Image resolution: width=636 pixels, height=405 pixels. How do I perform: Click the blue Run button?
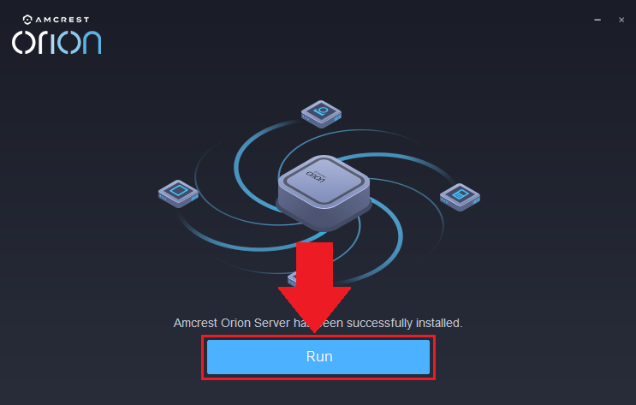318,357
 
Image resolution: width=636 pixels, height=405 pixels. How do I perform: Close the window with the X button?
621,19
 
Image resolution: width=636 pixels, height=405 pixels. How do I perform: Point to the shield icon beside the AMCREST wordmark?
27,18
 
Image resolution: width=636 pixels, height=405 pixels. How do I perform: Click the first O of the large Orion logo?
24,43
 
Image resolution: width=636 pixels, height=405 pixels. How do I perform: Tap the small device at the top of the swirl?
321,112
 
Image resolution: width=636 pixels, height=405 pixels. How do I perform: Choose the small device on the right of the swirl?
460,196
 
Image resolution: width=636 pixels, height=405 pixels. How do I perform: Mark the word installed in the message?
440,323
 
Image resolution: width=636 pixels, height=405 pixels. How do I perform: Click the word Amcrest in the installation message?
197,323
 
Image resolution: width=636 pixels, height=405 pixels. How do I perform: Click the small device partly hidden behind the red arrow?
292,277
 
